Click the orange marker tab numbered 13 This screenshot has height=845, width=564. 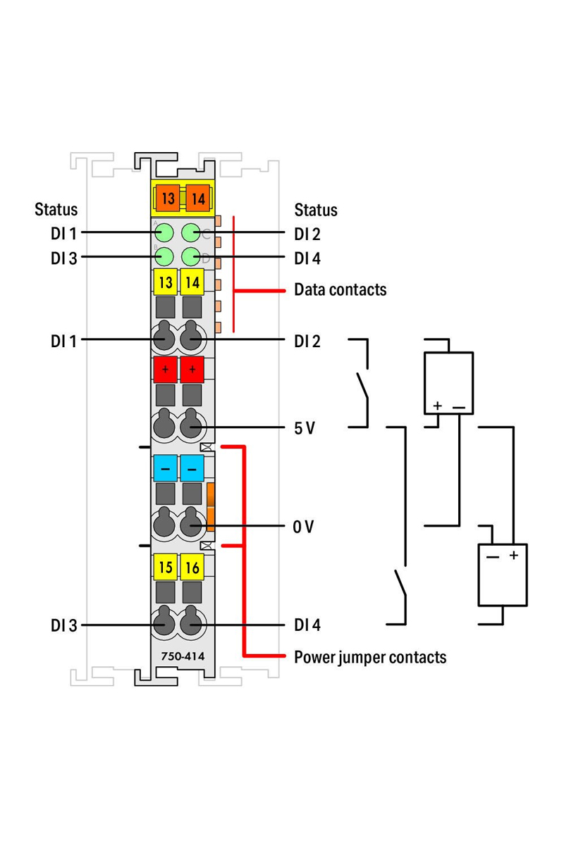coord(168,198)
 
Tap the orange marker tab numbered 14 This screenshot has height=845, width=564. coord(198,198)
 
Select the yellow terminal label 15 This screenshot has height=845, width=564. coord(166,567)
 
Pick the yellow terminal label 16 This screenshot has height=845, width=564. coord(192,567)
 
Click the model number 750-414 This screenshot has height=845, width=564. coord(183,656)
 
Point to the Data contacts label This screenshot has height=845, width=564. coord(341,289)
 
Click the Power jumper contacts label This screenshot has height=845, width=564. coord(370,658)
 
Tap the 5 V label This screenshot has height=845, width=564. coord(305,428)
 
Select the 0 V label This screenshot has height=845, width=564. coord(303,527)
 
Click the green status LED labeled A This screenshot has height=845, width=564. coord(164,232)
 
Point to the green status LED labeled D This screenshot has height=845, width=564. coord(191,257)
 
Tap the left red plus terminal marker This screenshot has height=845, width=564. coord(166,369)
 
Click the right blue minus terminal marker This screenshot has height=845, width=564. coord(192,468)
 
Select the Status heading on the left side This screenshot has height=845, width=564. coord(56,209)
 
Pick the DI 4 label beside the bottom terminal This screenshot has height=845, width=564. coord(307,625)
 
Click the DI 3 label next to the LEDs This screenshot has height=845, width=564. coord(64,258)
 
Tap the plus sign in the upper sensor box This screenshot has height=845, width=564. coord(437,406)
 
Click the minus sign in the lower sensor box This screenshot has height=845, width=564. coord(493,557)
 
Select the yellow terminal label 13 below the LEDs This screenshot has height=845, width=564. coord(166,282)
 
